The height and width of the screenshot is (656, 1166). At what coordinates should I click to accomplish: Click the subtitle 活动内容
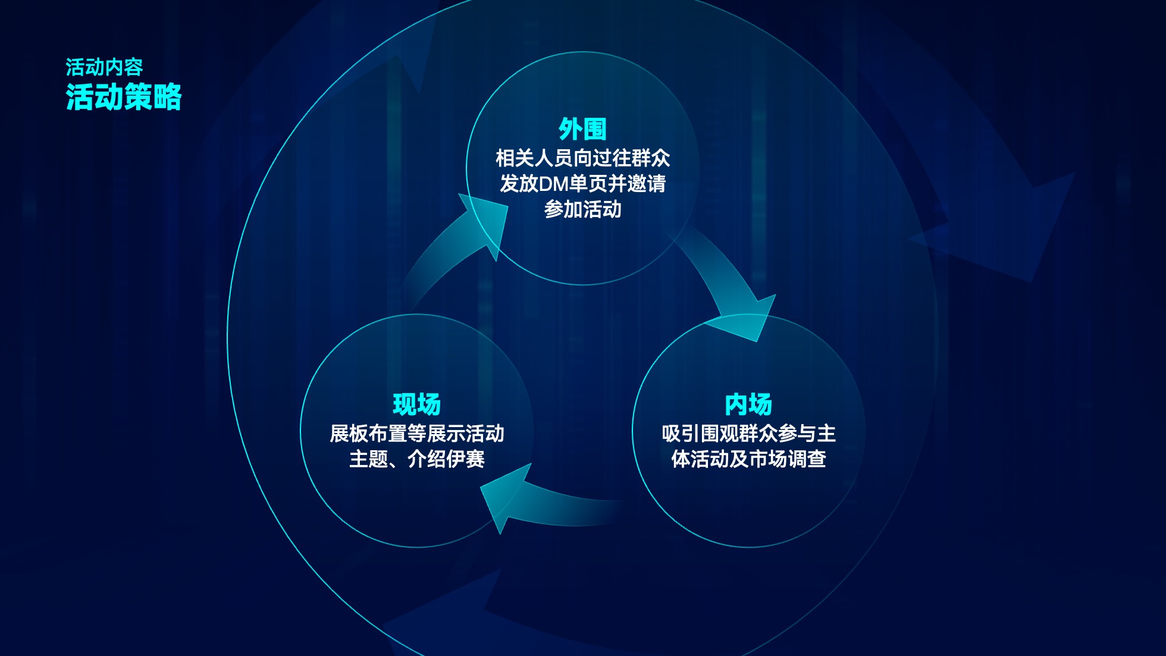point(104,67)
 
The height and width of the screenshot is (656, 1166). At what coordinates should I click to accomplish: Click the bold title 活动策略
point(124,97)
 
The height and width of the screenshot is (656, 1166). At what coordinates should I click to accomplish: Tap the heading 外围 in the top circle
point(582,129)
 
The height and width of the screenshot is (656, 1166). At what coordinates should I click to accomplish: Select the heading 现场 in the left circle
point(416,404)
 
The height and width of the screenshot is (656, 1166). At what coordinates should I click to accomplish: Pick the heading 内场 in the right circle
point(748,404)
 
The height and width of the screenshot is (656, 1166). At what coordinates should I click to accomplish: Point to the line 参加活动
point(582,209)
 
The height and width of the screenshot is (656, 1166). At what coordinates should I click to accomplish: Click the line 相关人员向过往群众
point(582,158)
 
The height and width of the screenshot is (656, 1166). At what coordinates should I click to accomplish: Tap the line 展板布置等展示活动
point(416,434)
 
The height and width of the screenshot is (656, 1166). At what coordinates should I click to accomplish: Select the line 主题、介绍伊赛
point(416,459)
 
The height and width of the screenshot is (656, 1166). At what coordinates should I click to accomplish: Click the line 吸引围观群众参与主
point(748,434)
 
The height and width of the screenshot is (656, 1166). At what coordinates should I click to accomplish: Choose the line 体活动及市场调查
point(748,459)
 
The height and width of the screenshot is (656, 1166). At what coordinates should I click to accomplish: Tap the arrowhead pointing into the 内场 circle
point(747,318)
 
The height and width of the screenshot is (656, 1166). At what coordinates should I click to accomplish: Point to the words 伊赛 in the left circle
point(465,459)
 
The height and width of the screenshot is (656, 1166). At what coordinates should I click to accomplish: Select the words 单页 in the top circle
point(588,184)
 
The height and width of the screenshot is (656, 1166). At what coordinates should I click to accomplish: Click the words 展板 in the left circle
point(349,434)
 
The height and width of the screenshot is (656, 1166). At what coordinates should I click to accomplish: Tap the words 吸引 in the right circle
point(681,434)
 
